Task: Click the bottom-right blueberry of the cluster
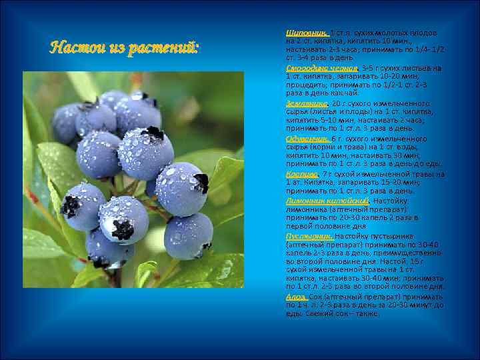(x=188, y=235)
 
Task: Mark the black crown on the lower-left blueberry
(x=70, y=206)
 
